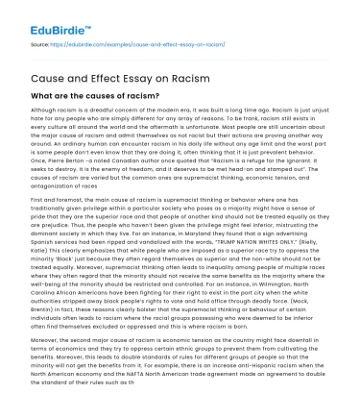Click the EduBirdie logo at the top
point(44,16)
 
